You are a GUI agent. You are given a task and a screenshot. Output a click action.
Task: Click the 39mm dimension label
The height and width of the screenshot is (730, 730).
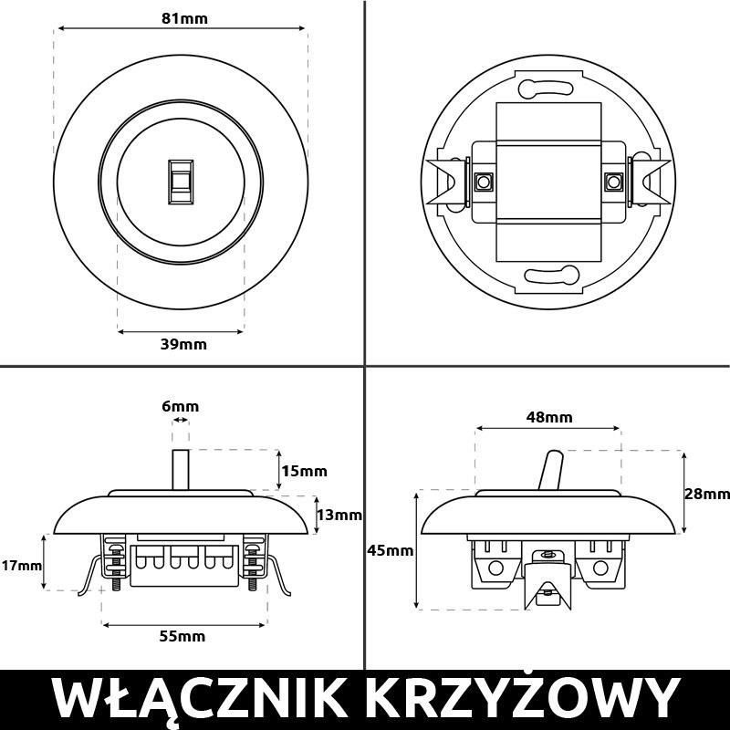[x=182, y=344]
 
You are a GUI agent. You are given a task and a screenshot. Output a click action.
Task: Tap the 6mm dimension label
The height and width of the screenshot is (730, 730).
[x=181, y=406]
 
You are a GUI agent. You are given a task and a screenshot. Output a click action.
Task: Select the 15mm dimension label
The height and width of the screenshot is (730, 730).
[x=303, y=472]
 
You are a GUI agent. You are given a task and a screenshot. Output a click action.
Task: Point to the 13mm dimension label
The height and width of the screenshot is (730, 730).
[x=339, y=515]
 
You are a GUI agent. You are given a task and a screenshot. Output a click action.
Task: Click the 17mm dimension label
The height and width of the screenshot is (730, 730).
[x=20, y=566]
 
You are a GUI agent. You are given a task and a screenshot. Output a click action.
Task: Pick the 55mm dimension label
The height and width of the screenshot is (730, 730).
[x=182, y=636]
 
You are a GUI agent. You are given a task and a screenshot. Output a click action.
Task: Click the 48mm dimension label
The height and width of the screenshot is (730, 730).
[x=549, y=417]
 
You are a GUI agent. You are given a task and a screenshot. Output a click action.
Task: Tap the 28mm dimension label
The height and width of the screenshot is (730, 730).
[x=707, y=494]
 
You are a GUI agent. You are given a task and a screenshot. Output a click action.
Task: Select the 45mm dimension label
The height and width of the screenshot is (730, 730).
[x=390, y=550]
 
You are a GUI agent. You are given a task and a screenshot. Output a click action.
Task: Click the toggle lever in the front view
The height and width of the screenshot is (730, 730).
[x=182, y=181]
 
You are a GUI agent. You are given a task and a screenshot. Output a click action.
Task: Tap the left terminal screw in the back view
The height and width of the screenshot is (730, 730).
[x=481, y=181]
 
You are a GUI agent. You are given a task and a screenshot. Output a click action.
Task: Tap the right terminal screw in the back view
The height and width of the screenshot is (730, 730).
[x=614, y=181]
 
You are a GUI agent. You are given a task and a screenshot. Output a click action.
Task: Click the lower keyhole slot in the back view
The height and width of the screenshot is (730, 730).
[x=547, y=273]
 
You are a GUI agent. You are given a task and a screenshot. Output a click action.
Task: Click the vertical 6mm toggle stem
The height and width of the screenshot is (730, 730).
[x=181, y=470]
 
